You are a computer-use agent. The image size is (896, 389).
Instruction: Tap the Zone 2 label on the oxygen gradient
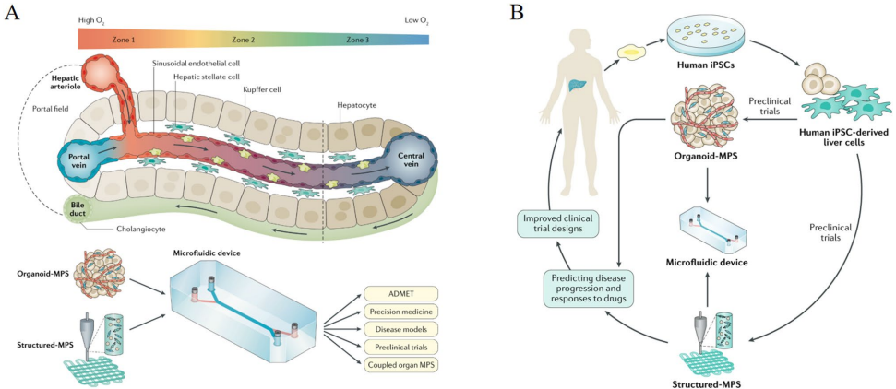[244, 40]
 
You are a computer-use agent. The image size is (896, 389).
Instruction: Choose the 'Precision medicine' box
[397, 311]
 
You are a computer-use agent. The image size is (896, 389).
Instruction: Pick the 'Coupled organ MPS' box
[398, 365]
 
